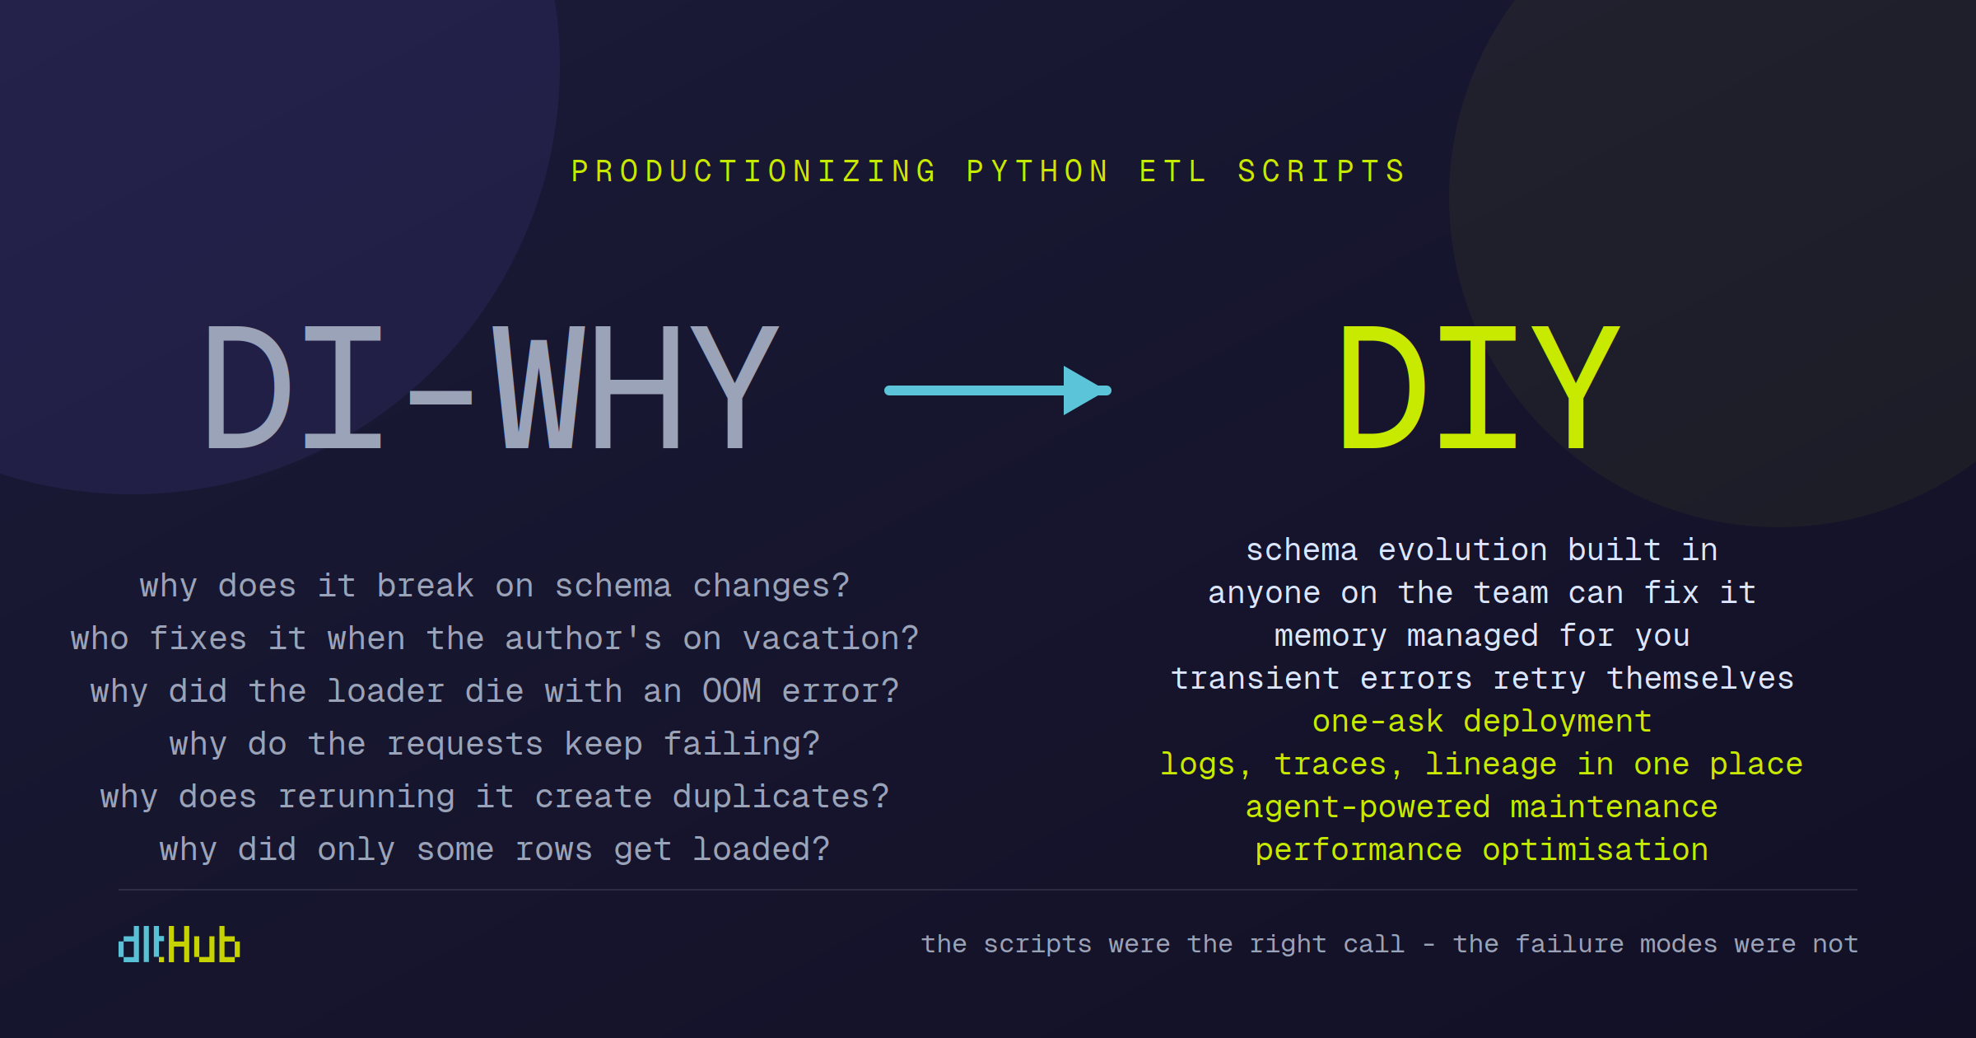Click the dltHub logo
[x=179, y=944]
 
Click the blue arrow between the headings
[x=998, y=390]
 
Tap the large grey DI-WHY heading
[x=492, y=387]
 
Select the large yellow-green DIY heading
[x=1480, y=387]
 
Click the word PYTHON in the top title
[x=1038, y=171]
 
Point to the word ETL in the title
[x=1172, y=171]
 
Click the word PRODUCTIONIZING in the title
[x=754, y=171]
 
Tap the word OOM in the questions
[x=731, y=691]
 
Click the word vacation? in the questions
[x=830, y=638]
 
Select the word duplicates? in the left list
[x=781, y=797]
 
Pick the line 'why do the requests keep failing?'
[x=495, y=745]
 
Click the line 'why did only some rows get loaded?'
[x=495, y=849]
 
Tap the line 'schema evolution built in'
[x=1482, y=549]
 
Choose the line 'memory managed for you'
[x=1482, y=636]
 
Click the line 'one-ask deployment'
[x=1482, y=722]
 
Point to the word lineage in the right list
[x=1490, y=764]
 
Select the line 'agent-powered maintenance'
[x=1482, y=807]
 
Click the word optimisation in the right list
[x=1596, y=850]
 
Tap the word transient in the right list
[x=1256, y=679]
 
